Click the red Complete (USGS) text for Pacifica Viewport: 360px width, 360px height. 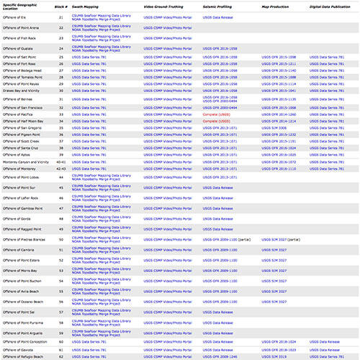click(x=217, y=114)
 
